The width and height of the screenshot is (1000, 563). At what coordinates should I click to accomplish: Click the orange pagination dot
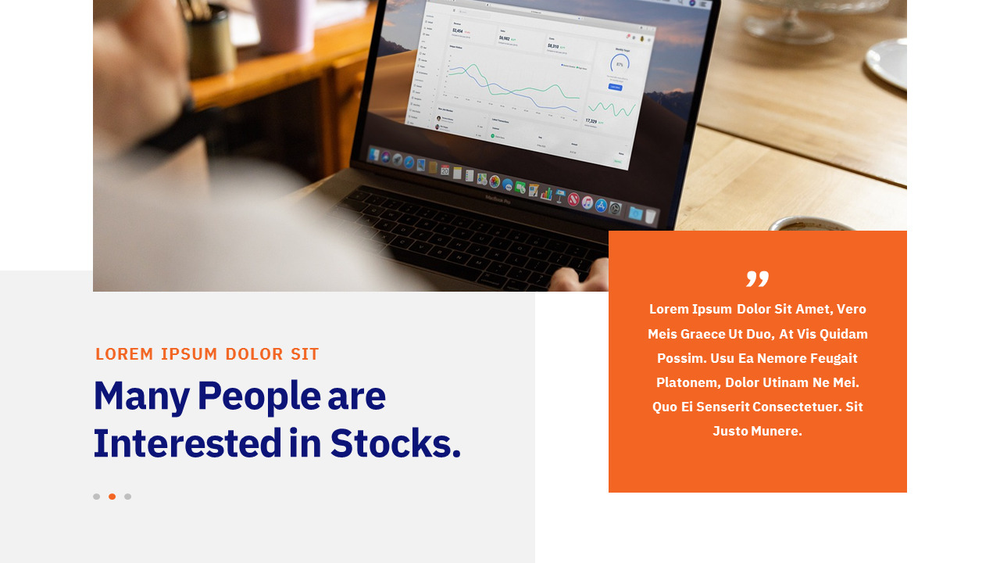pyautogui.click(x=112, y=497)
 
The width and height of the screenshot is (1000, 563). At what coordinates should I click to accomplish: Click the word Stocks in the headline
pyautogui.click(x=395, y=443)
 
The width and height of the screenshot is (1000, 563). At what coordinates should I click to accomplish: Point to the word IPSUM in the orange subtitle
pyautogui.click(x=189, y=354)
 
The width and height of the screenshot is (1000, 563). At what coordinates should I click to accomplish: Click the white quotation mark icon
pyautogui.click(x=757, y=278)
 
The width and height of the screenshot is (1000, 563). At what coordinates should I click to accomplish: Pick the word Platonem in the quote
pyautogui.click(x=687, y=382)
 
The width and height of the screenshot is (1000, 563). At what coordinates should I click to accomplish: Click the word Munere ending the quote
pyautogui.click(x=777, y=431)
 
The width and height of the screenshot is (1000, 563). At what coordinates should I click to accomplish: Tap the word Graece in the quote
pyautogui.click(x=703, y=334)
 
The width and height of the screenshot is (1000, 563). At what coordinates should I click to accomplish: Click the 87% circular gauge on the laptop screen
pyautogui.click(x=620, y=63)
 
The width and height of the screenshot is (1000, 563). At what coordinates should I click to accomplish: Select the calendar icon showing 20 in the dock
pyautogui.click(x=445, y=169)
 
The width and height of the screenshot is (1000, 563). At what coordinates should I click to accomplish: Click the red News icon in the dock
pyautogui.click(x=573, y=199)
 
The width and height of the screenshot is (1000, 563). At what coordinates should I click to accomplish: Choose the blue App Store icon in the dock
pyautogui.click(x=601, y=205)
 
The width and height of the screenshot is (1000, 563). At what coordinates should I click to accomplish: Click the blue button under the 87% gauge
pyautogui.click(x=616, y=86)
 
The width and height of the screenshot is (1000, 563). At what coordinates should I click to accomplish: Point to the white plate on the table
pyautogui.click(x=888, y=63)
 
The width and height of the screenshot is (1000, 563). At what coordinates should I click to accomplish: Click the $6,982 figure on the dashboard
pyautogui.click(x=505, y=38)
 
